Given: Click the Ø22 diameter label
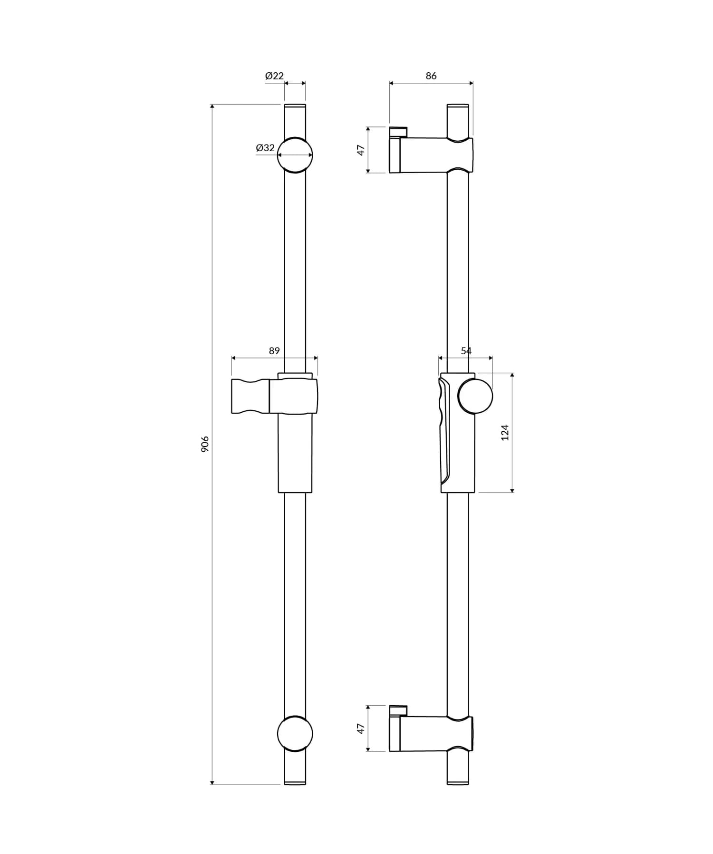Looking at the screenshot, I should coord(274,76).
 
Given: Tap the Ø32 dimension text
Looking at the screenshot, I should coord(265,148).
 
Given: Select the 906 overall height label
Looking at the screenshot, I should coord(205,444).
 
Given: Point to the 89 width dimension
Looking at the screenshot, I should coord(274,351).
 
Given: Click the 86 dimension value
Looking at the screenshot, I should coord(431,76).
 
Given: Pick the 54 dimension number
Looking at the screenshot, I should coord(466,351).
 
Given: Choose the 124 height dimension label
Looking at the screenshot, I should coord(505,432).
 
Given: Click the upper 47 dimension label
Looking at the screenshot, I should coord(361,150).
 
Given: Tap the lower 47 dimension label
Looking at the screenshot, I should coord(361,728).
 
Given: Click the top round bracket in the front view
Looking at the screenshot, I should coord(295,155).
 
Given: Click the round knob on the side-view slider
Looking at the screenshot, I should coord(475,397).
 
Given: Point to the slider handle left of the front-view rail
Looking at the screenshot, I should coord(250,396).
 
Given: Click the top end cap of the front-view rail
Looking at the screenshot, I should coord(295,106).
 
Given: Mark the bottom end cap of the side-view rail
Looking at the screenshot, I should coord(458,782).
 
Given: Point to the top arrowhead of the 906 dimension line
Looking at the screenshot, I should coord(212,107).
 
